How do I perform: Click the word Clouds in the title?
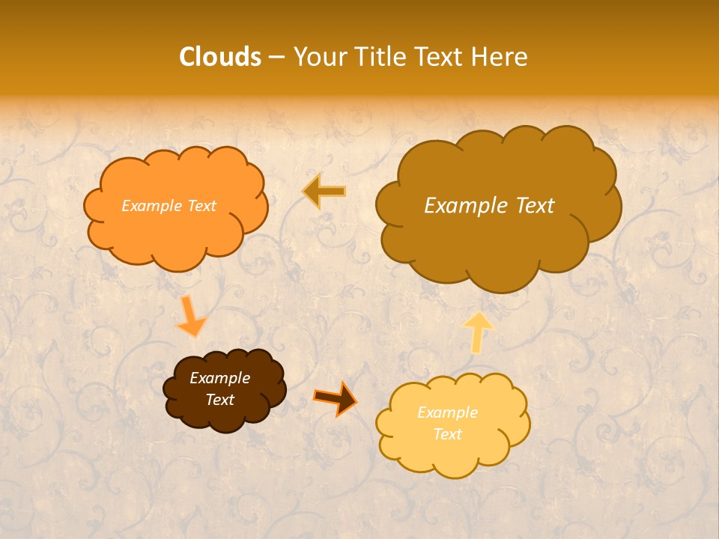(x=219, y=57)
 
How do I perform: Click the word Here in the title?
(x=501, y=57)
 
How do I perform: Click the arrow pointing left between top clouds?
(x=324, y=192)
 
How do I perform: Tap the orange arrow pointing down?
(x=191, y=317)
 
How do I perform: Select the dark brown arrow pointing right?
(x=336, y=398)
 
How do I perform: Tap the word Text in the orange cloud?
(x=201, y=206)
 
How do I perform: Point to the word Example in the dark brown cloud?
(x=219, y=378)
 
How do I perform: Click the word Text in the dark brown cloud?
(x=219, y=400)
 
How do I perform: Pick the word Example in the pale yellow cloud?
(x=447, y=412)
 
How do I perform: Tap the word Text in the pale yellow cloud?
(x=447, y=434)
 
